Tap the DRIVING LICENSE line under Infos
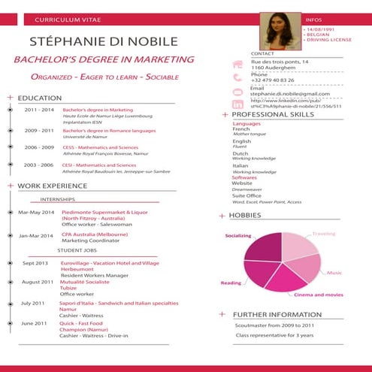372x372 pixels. point(328,40)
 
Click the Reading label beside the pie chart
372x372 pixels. point(231,283)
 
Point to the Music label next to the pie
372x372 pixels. point(334,272)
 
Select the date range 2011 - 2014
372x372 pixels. point(39,110)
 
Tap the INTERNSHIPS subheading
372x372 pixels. point(57,200)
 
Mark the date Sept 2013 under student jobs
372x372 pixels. point(35,263)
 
